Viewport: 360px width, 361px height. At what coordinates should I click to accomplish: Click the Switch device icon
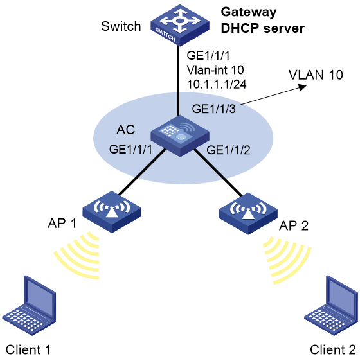[x=180, y=25]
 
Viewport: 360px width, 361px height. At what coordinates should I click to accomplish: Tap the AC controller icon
[x=180, y=136]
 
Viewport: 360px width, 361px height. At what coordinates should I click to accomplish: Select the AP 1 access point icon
[x=112, y=212]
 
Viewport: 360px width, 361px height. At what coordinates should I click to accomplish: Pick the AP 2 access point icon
[x=248, y=214]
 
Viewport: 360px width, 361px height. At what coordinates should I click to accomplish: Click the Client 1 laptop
[x=29, y=306]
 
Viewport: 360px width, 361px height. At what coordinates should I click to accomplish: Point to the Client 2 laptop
[x=331, y=306]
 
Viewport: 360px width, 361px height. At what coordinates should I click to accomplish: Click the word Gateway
[x=248, y=12]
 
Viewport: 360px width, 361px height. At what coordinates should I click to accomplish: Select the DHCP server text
[x=262, y=28]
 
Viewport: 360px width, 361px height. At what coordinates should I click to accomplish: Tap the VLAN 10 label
[x=316, y=75]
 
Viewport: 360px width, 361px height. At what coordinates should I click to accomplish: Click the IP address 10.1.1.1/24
[x=217, y=84]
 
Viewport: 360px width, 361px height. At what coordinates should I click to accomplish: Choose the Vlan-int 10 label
[x=215, y=70]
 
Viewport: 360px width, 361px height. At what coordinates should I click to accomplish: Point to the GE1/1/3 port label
[x=214, y=109]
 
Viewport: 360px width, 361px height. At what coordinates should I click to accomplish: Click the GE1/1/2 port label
[x=228, y=150]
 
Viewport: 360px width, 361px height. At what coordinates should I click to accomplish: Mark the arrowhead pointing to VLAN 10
[x=302, y=87]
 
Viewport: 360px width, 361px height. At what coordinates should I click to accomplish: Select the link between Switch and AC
[x=178, y=80]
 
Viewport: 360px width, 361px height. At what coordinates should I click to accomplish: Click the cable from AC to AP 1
[x=142, y=173]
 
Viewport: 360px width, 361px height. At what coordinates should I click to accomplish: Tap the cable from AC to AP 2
[x=219, y=173]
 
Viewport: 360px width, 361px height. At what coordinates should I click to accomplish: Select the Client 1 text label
[x=28, y=349]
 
